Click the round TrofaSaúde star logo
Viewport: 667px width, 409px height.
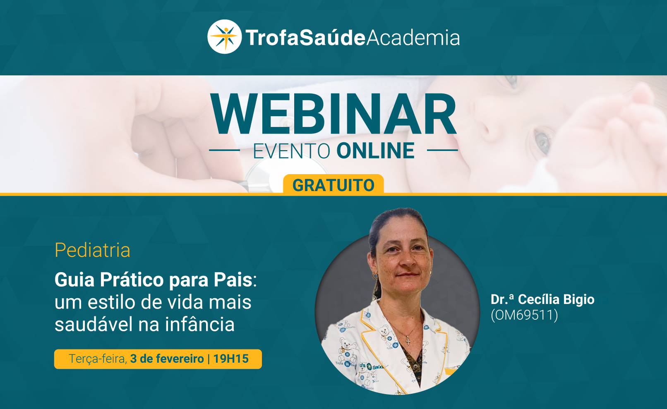coord(224,37)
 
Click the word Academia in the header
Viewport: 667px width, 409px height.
coord(413,38)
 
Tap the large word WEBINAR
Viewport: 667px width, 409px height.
coord(333,114)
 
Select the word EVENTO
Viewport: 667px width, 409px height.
coord(291,151)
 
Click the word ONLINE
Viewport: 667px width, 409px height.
coord(375,151)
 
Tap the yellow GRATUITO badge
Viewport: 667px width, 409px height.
coord(333,184)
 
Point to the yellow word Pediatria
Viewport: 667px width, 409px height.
coord(92,250)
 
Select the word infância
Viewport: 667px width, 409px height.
coord(200,324)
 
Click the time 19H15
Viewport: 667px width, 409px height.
coord(231,359)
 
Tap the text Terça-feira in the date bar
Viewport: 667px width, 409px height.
coord(98,359)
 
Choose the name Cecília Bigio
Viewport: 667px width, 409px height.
coord(556,299)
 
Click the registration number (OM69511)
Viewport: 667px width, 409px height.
coord(524,315)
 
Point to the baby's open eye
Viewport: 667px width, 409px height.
coord(542,142)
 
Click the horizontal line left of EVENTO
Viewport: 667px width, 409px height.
coord(225,150)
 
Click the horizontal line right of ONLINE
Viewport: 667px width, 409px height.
coord(442,150)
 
